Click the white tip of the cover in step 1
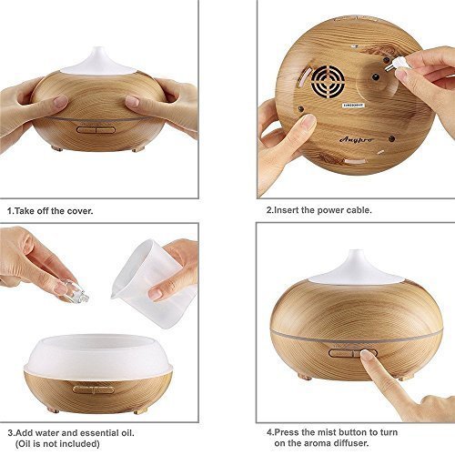pyautogui.click(x=96, y=56)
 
